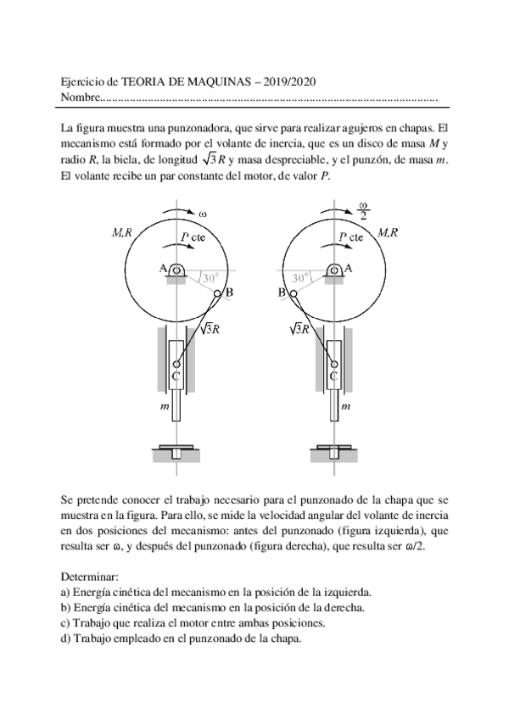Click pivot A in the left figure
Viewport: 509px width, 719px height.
pos(177,270)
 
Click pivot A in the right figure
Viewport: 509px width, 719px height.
pos(334,270)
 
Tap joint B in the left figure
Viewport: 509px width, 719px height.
pos(217,294)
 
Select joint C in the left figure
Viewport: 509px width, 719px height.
pos(176,364)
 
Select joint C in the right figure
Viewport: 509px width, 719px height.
pos(333,364)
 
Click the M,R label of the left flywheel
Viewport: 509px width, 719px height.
pos(121,231)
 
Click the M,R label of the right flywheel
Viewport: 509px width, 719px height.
pos(389,231)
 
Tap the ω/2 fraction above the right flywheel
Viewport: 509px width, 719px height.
pos(363,210)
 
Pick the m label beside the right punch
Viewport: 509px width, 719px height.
pos(345,408)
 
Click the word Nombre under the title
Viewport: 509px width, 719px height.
pos(81,98)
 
